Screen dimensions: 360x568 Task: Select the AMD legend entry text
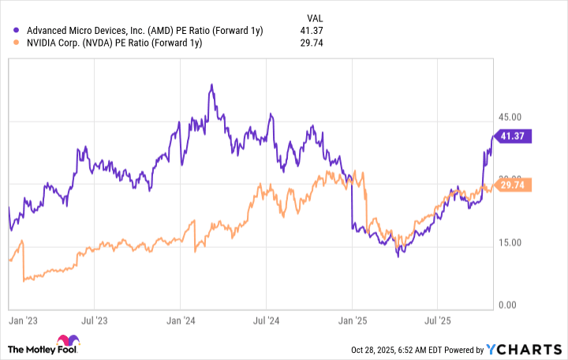(x=145, y=30)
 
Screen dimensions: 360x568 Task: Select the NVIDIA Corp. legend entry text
(x=115, y=43)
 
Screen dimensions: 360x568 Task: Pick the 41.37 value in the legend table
(x=310, y=30)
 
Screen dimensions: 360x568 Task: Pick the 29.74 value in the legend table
(x=310, y=43)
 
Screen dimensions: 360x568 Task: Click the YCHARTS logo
(x=524, y=348)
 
